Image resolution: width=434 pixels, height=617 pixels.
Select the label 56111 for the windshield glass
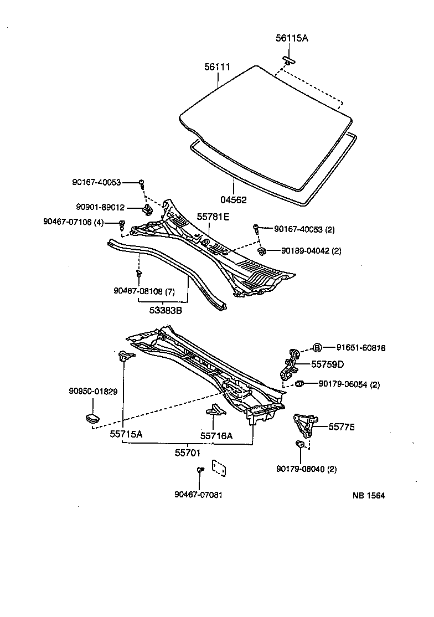pyautogui.click(x=217, y=67)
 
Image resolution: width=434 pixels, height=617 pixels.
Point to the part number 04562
pyautogui.click(x=233, y=200)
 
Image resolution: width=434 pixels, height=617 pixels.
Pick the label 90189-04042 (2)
pyautogui.click(x=311, y=250)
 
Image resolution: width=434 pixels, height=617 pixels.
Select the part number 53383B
pyautogui.click(x=165, y=311)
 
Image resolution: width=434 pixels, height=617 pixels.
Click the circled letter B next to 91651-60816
pyautogui.click(x=317, y=348)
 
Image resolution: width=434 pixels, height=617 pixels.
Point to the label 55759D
pyautogui.click(x=327, y=364)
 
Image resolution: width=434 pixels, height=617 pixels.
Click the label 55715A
pyautogui.click(x=126, y=434)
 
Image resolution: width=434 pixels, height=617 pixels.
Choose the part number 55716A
pyautogui.click(x=216, y=436)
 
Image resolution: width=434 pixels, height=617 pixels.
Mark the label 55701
pyautogui.click(x=188, y=453)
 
